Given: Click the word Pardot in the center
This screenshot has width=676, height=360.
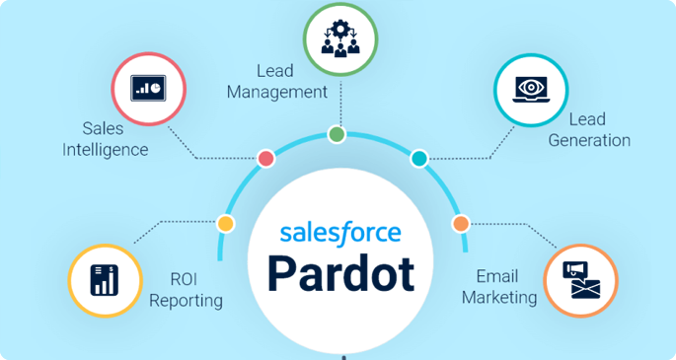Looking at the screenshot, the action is tap(340, 274).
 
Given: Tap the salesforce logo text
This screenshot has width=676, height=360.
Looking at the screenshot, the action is tap(340, 233).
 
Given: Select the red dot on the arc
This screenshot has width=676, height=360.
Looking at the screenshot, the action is tap(266, 159).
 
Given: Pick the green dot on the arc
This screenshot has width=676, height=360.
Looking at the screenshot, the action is tap(337, 134).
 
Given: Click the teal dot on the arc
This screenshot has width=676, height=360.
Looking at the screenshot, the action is tap(419, 159).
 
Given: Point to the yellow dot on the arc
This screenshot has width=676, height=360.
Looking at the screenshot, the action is tap(225, 224).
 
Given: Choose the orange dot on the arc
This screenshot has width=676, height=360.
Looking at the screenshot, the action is tap(461, 224).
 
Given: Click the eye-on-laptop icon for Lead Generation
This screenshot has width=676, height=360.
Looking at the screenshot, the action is tap(530, 90).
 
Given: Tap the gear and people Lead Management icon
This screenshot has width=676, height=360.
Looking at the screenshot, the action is tap(340, 38).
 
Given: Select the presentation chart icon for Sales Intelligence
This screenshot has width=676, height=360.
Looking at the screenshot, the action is tap(148, 89).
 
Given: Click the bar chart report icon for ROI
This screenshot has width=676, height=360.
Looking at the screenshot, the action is tap(105, 280).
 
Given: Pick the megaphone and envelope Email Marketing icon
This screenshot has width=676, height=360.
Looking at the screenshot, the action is tap(580, 280).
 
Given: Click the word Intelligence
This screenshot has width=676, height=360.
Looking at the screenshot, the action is tap(106, 150).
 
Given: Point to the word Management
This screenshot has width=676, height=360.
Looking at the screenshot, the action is tap(277, 92).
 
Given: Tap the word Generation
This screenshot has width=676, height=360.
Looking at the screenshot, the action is tap(589, 140).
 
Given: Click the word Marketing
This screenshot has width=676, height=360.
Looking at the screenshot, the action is tap(499, 298).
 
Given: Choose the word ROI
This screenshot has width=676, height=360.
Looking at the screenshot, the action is tap(184, 279).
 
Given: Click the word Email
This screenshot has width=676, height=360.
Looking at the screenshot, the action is tap(497, 276).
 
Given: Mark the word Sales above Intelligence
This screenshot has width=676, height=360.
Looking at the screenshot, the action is tap(103, 128).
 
